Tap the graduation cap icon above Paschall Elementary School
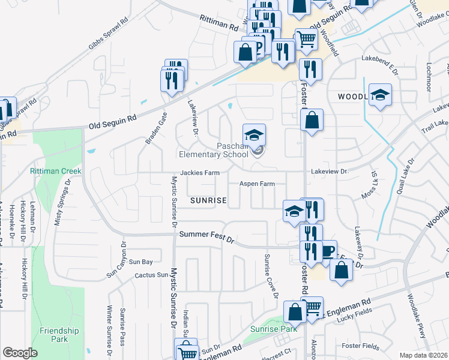click(254, 134)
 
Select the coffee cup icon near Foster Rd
click(327, 251)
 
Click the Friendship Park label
click(59, 335)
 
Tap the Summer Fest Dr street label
click(206, 239)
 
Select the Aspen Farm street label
click(257, 184)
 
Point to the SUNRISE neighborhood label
click(208, 200)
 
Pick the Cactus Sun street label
click(152, 275)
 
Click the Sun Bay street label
click(141, 262)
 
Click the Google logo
click(20, 352)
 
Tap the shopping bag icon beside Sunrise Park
click(295, 313)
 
